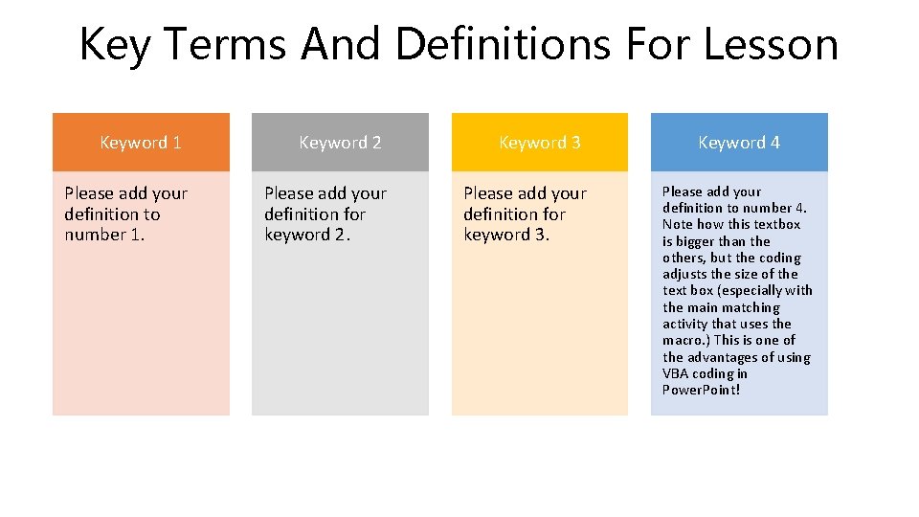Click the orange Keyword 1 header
pyautogui.click(x=141, y=143)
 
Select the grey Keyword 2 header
pyautogui.click(x=340, y=143)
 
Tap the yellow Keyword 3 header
pyautogui.click(x=539, y=143)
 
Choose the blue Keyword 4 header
pyautogui.click(x=738, y=143)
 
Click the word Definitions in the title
pyautogui.click(x=504, y=44)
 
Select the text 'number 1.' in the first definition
pyautogui.click(x=104, y=235)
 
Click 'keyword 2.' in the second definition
pyautogui.click(x=307, y=235)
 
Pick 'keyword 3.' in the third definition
pyautogui.click(x=506, y=235)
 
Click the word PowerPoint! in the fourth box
pyautogui.click(x=701, y=390)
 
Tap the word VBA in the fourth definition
pyautogui.click(x=676, y=373)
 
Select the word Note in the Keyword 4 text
pyautogui.click(x=678, y=224)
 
